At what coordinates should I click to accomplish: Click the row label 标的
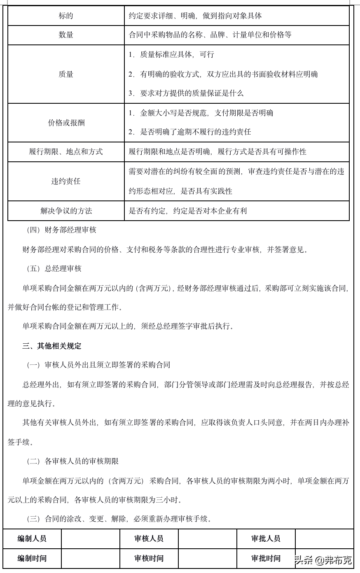[x=66, y=16]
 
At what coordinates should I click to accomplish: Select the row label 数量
[x=66, y=35]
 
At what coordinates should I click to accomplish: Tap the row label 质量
[x=66, y=74]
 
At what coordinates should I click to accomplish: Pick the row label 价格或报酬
[x=66, y=123]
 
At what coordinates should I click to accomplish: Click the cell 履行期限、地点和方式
[x=66, y=152]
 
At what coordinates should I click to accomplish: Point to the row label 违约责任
[x=66, y=181]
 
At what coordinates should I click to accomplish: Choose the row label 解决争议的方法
[x=66, y=211]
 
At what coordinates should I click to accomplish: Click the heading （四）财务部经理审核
[x=61, y=230]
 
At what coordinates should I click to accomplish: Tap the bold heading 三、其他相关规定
[x=52, y=346]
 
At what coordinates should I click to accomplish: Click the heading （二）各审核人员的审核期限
[x=72, y=461]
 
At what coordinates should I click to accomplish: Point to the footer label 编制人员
[x=32, y=538]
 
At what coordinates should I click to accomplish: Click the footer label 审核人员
[x=149, y=538]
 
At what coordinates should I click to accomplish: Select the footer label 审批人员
[x=266, y=538]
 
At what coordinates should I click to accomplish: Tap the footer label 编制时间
[x=32, y=558]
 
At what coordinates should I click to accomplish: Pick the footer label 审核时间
[x=149, y=558]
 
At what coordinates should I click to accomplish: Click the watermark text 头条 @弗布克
[x=323, y=560]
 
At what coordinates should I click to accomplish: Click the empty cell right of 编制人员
[x=90, y=538]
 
